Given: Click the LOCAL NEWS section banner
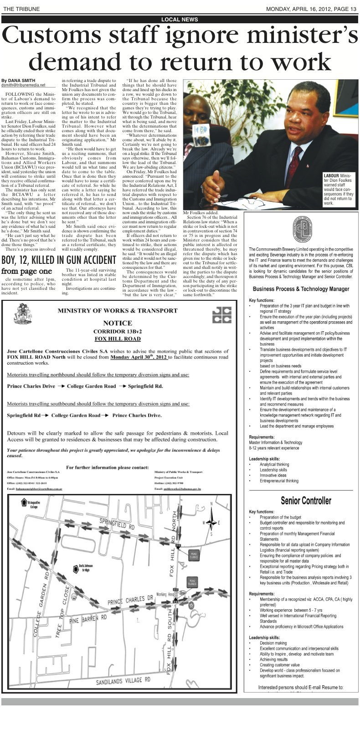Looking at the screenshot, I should tap(180, 19).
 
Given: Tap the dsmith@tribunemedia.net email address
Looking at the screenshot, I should tap(23, 85).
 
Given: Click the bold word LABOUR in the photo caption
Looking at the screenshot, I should tap(331, 175).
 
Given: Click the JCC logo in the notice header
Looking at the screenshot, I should tap(222, 315).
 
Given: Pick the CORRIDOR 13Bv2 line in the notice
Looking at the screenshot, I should tap(117, 331).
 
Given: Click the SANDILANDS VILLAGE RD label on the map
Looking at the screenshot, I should tap(123, 682).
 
